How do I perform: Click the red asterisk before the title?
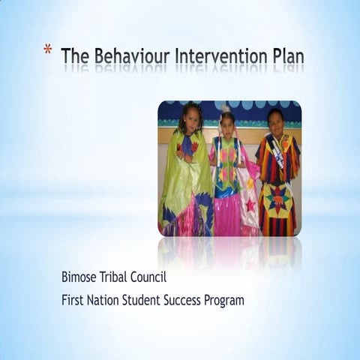tap(47, 51)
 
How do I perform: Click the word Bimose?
tap(81, 277)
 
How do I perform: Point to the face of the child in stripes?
tap(275, 119)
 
